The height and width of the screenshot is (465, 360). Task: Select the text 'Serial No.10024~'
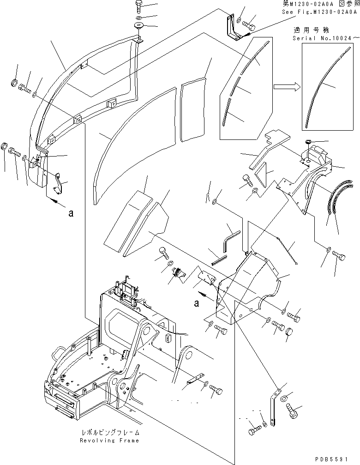point(325,38)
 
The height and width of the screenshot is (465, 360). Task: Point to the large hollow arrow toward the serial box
point(286,86)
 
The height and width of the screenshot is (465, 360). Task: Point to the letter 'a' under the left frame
point(70,213)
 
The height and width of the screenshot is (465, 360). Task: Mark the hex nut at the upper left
point(14,84)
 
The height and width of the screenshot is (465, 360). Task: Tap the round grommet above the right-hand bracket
point(308,141)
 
